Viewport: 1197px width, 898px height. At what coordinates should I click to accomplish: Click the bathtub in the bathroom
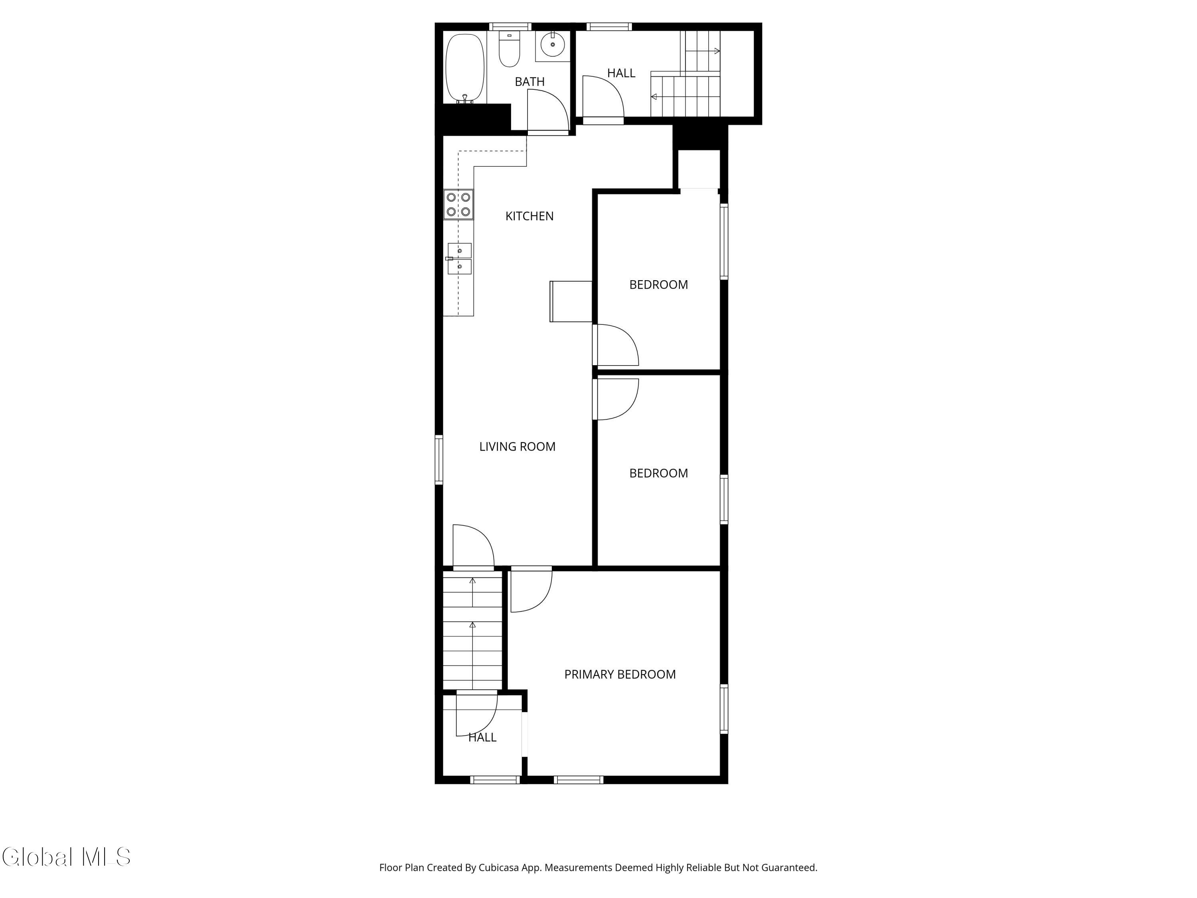click(464, 68)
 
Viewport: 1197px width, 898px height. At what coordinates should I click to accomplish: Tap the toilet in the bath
click(509, 50)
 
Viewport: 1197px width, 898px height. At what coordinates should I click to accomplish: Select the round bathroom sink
click(553, 44)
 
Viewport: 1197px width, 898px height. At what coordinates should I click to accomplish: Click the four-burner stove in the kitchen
click(458, 205)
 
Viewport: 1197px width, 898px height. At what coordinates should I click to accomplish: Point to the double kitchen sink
click(459, 259)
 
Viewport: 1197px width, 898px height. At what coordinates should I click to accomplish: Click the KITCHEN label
click(529, 216)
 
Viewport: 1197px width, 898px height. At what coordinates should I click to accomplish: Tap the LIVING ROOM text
click(517, 447)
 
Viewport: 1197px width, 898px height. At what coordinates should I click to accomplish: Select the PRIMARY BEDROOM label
click(620, 674)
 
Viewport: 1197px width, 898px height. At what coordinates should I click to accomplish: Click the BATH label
click(529, 82)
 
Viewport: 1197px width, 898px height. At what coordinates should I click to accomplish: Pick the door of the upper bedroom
click(616, 345)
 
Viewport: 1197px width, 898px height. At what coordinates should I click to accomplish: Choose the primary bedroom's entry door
click(530, 590)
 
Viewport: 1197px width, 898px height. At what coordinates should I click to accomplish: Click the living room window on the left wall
click(439, 459)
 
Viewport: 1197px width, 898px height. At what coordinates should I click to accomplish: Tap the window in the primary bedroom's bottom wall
click(578, 780)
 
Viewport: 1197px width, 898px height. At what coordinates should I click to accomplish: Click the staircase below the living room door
click(472, 631)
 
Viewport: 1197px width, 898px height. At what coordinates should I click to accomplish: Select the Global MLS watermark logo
click(66, 857)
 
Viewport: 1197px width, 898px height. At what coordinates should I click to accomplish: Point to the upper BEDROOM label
click(658, 285)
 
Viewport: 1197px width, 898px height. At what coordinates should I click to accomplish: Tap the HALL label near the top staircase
click(621, 73)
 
